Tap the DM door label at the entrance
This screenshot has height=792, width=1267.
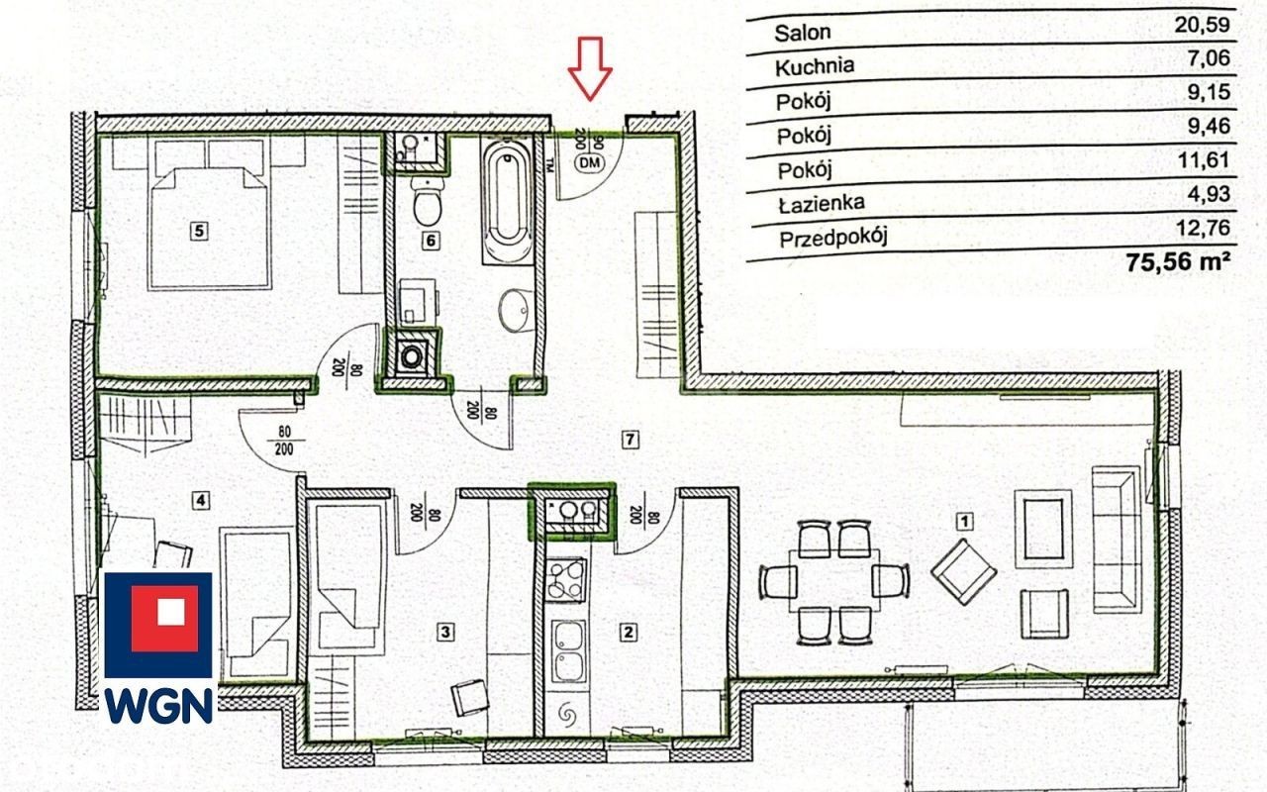[x=590, y=163]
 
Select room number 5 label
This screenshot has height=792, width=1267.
[x=199, y=231]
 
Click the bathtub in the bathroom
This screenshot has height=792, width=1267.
[x=508, y=200]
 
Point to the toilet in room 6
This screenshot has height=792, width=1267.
[x=428, y=202]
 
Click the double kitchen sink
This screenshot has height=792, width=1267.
[x=568, y=651]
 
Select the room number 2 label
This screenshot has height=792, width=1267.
[x=628, y=633]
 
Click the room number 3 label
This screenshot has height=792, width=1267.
[x=445, y=632]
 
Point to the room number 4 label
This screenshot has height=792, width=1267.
[x=201, y=500]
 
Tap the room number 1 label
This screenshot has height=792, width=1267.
[x=964, y=521]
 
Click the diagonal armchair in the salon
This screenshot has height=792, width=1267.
[x=964, y=572]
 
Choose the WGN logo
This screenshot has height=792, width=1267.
[x=158, y=647]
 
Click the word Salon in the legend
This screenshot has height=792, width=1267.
[x=803, y=33]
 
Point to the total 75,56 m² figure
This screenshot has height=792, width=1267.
[x=1178, y=262]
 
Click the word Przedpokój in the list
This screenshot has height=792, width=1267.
[x=833, y=239]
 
